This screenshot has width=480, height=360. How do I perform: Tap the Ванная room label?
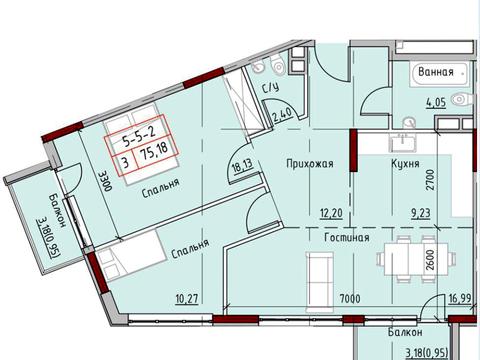tap(436, 72)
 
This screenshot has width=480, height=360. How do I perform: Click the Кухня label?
tap(405, 162)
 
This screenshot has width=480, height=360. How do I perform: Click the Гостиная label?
tap(347, 238)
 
